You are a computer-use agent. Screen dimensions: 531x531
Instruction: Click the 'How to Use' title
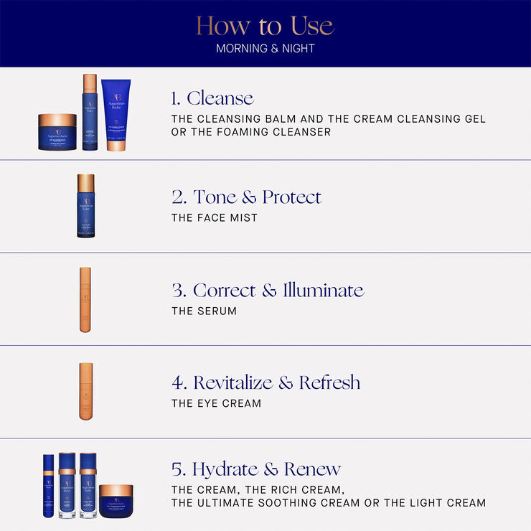(x=265, y=27)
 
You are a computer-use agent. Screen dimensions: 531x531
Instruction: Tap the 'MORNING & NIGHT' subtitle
(x=265, y=49)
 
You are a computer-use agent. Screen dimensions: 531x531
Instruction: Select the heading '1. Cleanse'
(x=212, y=98)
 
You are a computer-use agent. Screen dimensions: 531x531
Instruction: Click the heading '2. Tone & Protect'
(x=246, y=197)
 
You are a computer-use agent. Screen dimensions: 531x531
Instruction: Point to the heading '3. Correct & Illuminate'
(x=268, y=290)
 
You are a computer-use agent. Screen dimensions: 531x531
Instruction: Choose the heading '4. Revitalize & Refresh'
(x=265, y=382)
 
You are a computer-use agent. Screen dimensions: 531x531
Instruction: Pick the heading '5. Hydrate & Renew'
(x=255, y=469)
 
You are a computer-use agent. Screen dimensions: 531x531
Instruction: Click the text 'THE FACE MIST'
(x=214, y=217)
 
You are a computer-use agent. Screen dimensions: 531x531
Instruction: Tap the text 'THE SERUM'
(x=204, y=311)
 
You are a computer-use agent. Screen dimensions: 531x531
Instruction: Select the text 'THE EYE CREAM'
(x=216, y=403)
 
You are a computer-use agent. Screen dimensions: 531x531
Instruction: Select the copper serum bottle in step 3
(x=85, y=299)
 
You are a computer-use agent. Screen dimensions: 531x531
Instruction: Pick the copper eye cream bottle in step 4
(x=86, y=391)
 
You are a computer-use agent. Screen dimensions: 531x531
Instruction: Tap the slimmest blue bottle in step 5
(x=48, y=486)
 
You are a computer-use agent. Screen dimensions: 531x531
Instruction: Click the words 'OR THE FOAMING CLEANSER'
(x=251, y=132)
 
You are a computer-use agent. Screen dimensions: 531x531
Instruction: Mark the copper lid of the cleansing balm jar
(x=57, y=121)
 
